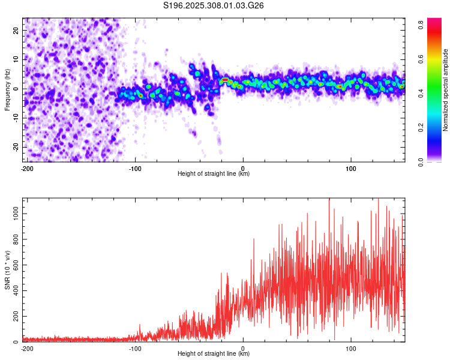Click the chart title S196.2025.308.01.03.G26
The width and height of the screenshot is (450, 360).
(214, 5)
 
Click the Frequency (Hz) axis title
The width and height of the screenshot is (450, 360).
(7, 89)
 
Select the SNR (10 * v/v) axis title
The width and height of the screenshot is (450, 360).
(7, 270)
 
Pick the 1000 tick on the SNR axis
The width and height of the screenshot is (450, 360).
(13, 214)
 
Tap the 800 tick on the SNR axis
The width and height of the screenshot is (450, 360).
(15, 239)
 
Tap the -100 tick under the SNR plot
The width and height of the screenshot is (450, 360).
(135, 348)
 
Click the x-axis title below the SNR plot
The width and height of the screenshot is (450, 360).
(214, 354)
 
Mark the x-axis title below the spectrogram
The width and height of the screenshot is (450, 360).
(214, 174)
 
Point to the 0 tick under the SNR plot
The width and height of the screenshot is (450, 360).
(243, 348)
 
